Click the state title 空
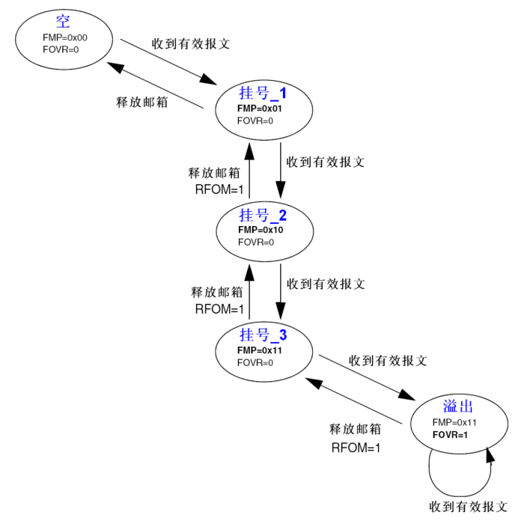[62, 21]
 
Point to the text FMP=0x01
[259, 108]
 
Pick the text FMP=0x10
[259, 230]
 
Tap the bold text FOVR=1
[450, 434]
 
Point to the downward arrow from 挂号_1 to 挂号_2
[281, 172]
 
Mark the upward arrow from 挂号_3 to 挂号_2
[249, 292]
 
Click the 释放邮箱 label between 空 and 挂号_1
[142, 102]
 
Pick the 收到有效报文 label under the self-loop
[469, 506]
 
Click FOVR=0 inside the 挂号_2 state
[256, 242]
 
